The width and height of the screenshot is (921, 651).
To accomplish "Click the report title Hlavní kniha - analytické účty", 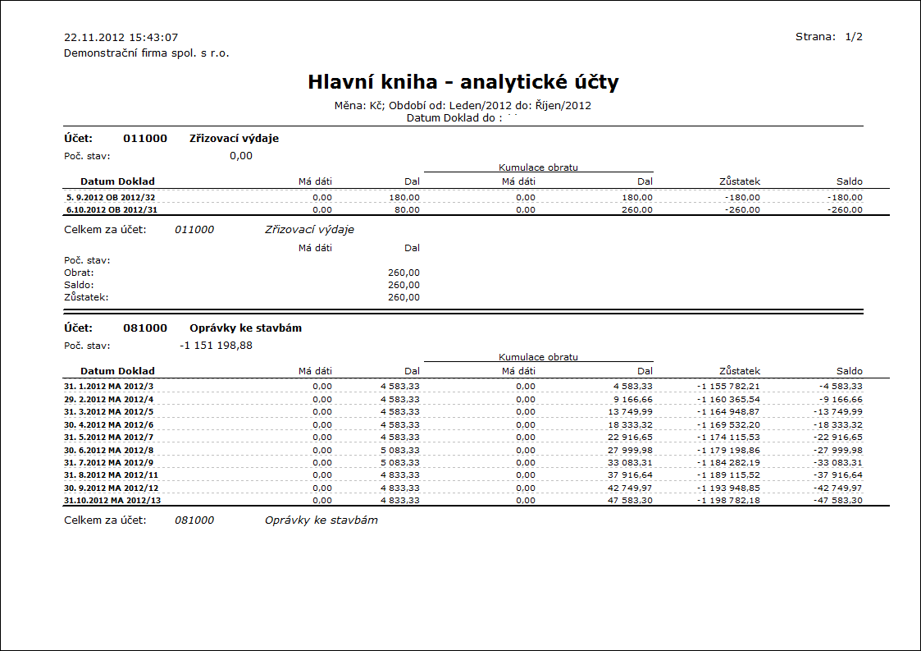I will coord(463,82).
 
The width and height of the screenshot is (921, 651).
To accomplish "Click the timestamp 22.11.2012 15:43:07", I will coord(121,38).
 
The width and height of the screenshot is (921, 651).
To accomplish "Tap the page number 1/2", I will coord(853,37).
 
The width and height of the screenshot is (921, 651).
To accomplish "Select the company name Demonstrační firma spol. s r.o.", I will coord(146,53).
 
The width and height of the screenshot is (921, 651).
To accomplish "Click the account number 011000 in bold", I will coord(145,139).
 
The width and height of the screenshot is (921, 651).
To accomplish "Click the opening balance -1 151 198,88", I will coord(216,346).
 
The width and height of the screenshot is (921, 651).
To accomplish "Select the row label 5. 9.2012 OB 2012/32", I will coord(110,197).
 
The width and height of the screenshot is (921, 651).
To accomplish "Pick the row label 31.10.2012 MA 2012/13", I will coord(110,500).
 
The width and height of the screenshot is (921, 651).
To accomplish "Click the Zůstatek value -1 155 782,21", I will coord(728,386).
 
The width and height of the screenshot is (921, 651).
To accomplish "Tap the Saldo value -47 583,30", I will coord(836,500).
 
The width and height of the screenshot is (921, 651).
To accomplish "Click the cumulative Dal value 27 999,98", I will coord(630,450).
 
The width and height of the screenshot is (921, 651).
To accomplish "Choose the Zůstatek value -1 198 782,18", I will coord(728,500).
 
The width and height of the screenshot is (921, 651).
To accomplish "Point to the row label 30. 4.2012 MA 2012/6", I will coord(108,424).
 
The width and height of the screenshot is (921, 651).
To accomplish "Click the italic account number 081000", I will coord(194,520).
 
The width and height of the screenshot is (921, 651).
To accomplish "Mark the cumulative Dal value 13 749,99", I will coord(630,411).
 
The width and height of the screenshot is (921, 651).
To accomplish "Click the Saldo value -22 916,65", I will coord(836,437).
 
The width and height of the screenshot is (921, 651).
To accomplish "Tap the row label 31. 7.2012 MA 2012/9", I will coord(108,462).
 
